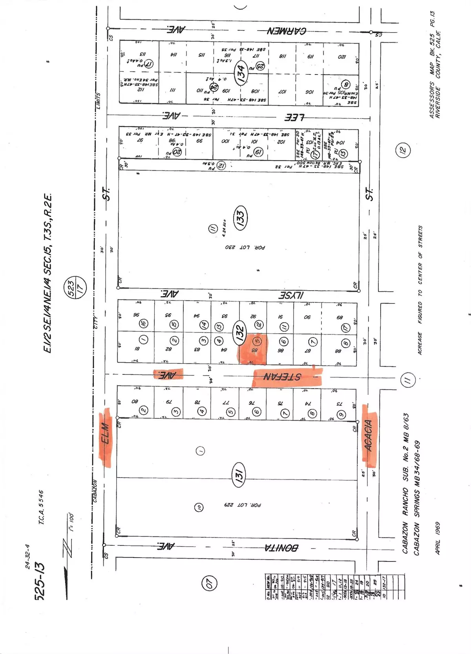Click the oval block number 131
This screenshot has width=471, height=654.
pos(239,475)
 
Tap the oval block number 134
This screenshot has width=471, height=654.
pos(241,72)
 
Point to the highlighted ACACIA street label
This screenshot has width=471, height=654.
pos(369,436)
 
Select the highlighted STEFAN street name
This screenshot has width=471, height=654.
pos(287,377)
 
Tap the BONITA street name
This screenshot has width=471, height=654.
pos(280,547)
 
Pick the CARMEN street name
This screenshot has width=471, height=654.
pos(287,31)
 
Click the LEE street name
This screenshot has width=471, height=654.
pos(292,117)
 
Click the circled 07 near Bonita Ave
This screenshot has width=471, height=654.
pos(209,583)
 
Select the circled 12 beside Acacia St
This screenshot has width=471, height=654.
pos(403,149)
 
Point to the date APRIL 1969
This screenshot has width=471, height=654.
pos(437,538)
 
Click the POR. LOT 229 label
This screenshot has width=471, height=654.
pos(246,505)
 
